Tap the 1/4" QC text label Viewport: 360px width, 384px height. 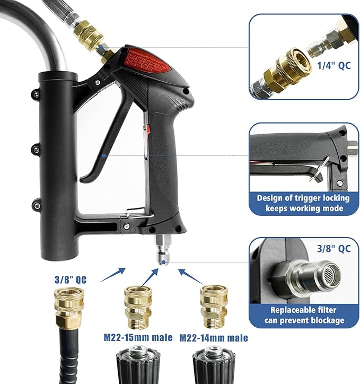point(334,66)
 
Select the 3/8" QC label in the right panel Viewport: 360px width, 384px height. point(334,248)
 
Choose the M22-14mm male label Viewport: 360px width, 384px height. point(214,337)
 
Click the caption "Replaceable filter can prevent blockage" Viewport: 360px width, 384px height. point(304,315)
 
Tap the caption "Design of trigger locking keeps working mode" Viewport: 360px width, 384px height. point(303,203)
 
